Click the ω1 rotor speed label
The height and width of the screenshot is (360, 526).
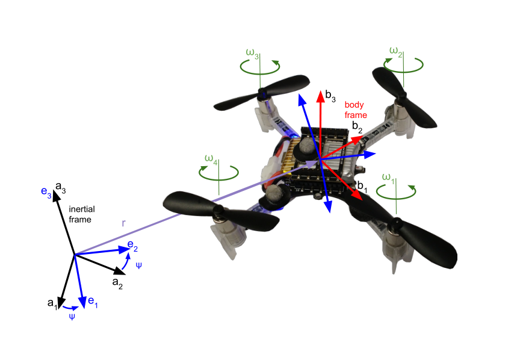pos(389,179)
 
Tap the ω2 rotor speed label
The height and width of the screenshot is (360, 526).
pos(396,52)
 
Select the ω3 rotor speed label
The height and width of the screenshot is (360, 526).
pos(253,58)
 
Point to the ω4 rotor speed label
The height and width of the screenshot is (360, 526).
pos(211,159)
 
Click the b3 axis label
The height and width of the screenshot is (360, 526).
pos(331,95)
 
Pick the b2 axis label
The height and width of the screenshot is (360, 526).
pos(357,126)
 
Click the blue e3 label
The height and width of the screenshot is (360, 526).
pos(46,191)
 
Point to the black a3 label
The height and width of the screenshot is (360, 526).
pos(60,188)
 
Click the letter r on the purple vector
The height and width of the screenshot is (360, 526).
pos(123,223)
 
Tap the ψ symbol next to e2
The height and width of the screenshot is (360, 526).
pos(139,265)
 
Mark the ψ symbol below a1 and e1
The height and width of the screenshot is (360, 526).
pos(72,315)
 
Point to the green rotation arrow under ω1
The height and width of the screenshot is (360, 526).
pos(397,192)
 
